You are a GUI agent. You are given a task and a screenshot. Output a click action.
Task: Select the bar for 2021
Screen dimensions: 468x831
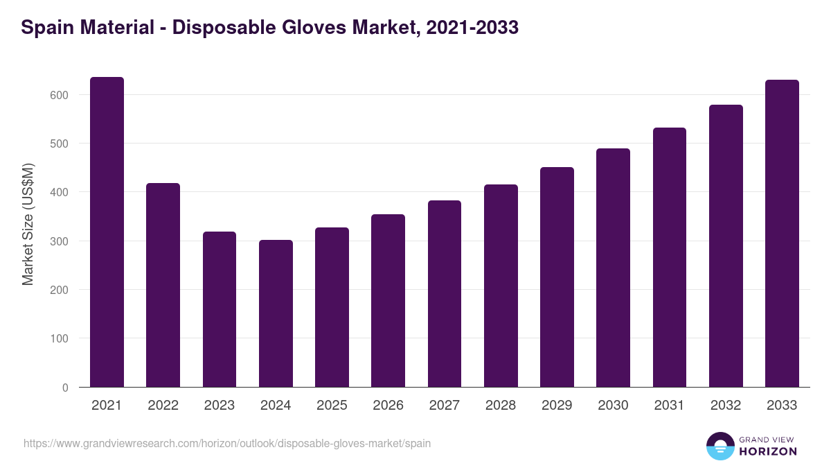pos(107,232)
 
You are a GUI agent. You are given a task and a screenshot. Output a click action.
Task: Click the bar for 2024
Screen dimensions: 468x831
pos(276,313)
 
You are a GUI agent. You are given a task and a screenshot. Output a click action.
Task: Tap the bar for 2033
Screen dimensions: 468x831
pos(782,234)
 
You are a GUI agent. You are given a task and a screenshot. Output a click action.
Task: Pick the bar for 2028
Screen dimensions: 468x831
pos(501,286)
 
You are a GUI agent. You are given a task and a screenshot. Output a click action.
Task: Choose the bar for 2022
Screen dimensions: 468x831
pos(163,285)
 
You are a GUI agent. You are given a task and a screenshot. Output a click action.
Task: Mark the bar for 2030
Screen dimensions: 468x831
pos(613,268)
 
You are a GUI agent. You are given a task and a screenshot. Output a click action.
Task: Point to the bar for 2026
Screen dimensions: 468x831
pos(388,301)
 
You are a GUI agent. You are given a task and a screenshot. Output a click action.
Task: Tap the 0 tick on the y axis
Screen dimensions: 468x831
pos(65,388)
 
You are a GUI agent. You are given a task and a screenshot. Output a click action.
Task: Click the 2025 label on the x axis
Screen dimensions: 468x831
pos(332,406)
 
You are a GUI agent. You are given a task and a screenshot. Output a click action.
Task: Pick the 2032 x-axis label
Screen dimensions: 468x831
pos(726,406)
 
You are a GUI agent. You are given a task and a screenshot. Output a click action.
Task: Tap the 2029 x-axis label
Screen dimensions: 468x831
pos(557,406)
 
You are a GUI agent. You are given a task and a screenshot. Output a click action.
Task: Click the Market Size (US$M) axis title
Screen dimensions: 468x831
pos(28,224)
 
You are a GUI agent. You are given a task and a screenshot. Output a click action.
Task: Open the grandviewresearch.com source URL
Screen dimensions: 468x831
pos(227,443)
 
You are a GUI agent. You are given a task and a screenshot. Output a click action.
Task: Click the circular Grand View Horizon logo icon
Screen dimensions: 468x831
pos(720,446)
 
